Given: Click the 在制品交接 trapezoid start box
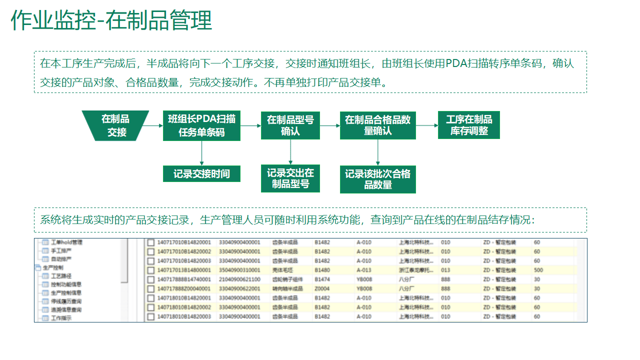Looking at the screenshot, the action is coord(115,125).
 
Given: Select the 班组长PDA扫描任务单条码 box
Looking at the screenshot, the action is coord(201,125).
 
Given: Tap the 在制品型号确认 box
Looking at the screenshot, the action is coord(290,125).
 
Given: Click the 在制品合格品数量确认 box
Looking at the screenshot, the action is coord(377,125).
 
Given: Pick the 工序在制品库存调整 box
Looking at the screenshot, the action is coord(468,125).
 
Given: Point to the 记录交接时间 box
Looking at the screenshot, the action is coord(201,173).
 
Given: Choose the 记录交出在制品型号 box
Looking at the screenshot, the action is coord(290,178).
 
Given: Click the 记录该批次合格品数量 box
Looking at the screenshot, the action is coord(377,179).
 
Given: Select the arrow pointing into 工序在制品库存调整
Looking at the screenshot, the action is coord(427,125).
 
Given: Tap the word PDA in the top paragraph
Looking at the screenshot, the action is coord(456,63).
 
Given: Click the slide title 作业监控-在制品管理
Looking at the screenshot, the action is coord(111,21).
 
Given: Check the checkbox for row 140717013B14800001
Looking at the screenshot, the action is coord(150,270).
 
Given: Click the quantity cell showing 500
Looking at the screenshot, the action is coord(538,270).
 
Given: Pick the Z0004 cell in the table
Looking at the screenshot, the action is coord(321,288).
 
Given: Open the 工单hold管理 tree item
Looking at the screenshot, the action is coord(66,242).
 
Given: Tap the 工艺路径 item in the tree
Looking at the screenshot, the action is coord(61,276).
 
